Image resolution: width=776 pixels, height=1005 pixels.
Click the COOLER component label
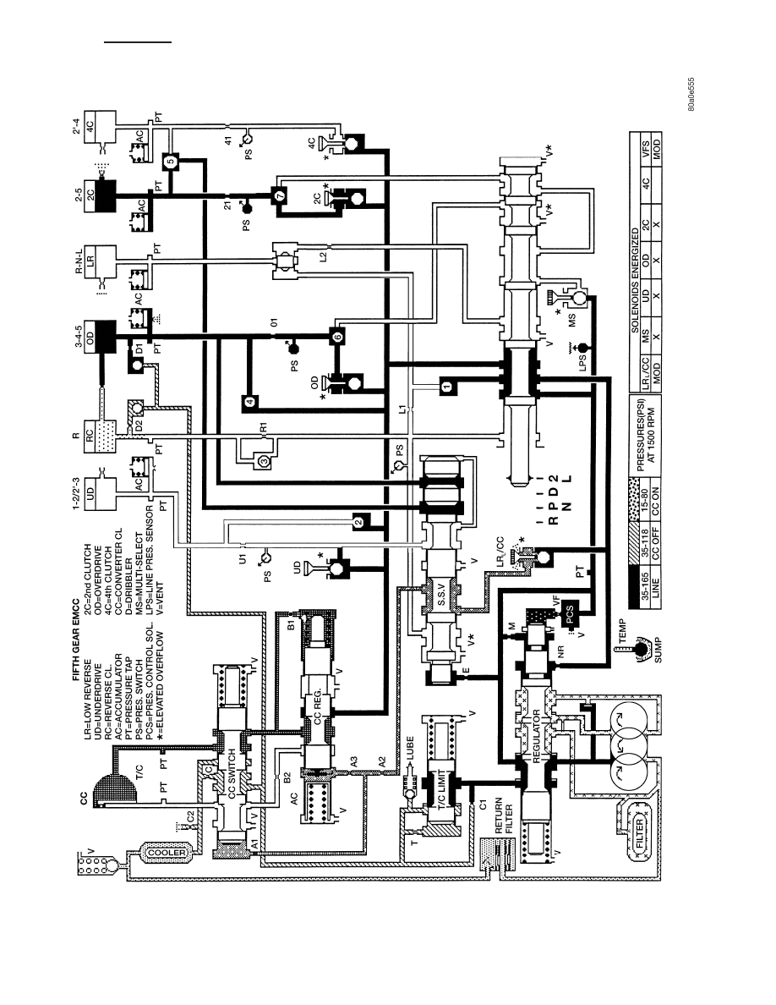167,853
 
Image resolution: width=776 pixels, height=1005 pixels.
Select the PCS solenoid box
570,613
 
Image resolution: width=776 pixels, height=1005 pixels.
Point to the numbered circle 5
170,161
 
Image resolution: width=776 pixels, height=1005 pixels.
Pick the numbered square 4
249,402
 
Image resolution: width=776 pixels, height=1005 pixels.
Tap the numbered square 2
358,522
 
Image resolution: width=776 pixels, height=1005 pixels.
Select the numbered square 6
337,335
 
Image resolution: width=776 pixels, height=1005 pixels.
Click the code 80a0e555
692,95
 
